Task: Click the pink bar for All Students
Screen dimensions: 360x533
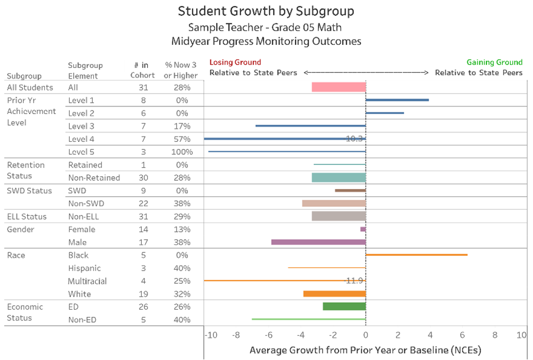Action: click(x=339, y=87)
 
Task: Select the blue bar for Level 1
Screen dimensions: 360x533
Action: click(x=397, y=100)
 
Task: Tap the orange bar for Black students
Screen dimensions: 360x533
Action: click(x=417, y=255)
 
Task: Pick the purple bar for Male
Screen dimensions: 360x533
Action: click(x=318, y=242)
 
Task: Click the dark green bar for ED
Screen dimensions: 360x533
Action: click(x=344, y=306)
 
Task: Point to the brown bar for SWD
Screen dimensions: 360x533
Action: click(x=350, y=190)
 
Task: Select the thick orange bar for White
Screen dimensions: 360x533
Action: click(x=334, y=294)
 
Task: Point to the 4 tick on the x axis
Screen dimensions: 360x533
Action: click(x=430, y=335)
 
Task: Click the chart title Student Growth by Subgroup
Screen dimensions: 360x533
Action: click(x=266, y=11)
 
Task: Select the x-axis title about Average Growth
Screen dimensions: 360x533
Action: click(x=365, y=350)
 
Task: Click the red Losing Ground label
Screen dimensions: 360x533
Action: click(x=235, y=62)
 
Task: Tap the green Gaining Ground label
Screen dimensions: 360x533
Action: click(x=495, y=62)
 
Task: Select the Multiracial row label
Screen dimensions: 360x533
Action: click(x=87, y=281)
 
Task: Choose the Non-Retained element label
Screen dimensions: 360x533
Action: click(x=94, y=177)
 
